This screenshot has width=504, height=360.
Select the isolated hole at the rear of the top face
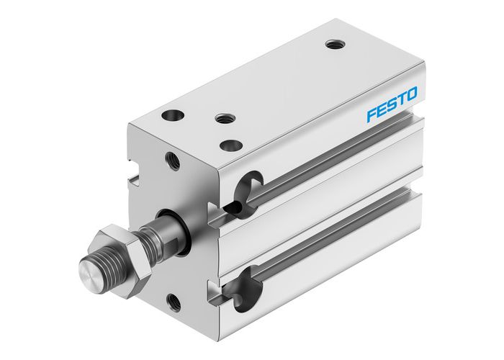click(332, 44)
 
